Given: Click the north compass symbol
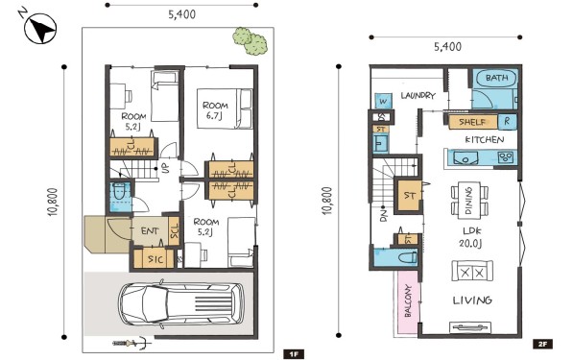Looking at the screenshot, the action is [40, 28].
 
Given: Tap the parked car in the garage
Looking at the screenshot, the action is [181, 304].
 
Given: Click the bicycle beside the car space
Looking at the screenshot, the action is [131, 343].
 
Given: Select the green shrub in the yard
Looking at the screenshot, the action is [251, 41].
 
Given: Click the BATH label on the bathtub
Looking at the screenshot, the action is [496, 78].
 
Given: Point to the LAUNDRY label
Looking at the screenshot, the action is [418, 95].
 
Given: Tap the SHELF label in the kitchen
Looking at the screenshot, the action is [472, 122].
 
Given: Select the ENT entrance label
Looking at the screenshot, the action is [150, 231].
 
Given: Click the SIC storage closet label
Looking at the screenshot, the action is [155, 259].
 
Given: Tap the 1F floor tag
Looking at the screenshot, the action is [294, 354].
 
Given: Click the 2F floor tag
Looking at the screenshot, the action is [542, 344].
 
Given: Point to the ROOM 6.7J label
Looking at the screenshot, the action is [215, 110].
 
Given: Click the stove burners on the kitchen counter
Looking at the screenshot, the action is [506, 157].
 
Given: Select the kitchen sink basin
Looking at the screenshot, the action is [466, 158].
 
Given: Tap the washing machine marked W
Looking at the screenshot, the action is [383, 101].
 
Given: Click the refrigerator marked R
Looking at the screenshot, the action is [507, 121].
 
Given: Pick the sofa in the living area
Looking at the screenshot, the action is [472, 271].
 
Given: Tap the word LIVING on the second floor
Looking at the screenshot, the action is [472, 300].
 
